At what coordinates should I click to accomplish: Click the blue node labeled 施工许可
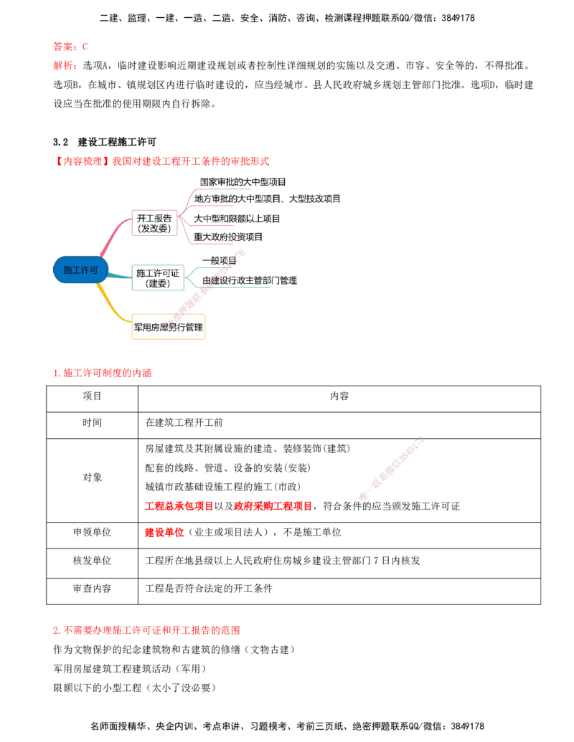click(80, 270)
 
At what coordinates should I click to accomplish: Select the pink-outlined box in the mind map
click(154, 223)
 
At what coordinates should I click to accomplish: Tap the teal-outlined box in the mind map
click(159, 277)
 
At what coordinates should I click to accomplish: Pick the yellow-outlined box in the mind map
click(169, 326)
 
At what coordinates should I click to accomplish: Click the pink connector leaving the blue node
click(113, 237)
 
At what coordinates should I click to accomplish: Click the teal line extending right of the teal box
click(244, 290)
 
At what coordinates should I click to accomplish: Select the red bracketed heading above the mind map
click(163, 161)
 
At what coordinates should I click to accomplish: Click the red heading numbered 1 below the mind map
click(103, 373)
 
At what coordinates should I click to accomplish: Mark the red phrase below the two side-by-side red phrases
click(165, 533)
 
